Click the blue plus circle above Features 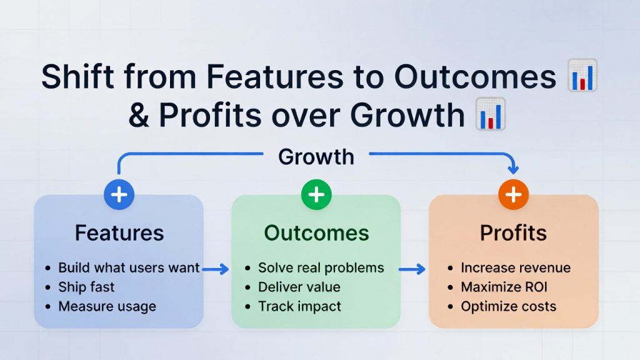[x=119, y=195]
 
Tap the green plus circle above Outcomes [x=316, y=195]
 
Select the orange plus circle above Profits [x=513, y=195]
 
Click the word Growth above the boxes [x=316, y=157]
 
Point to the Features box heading [x=119, y=233]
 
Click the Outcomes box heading [x=316, y=233]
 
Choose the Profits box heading [x=513, y=233]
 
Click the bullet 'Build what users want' [x=129, y=268]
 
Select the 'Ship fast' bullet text [x=86, y=287]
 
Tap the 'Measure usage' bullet [x=107, y=307]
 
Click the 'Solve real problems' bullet [x=321, y=268]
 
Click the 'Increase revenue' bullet [x=516, y=268]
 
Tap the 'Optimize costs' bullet [x=509, y=307]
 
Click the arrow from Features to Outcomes [x=216, y=269]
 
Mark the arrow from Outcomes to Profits [x=412, y=269]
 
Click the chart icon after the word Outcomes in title [x=582, y=76]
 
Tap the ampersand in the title [x=140, y=116]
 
